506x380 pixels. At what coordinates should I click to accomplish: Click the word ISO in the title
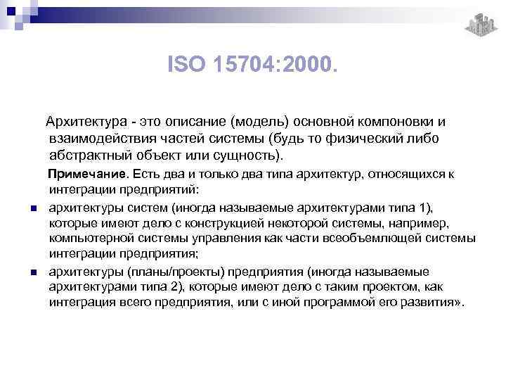point(184,65)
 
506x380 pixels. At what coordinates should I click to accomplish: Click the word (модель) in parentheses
point(257,122)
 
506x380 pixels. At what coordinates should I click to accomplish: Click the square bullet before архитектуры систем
point(33,208)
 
